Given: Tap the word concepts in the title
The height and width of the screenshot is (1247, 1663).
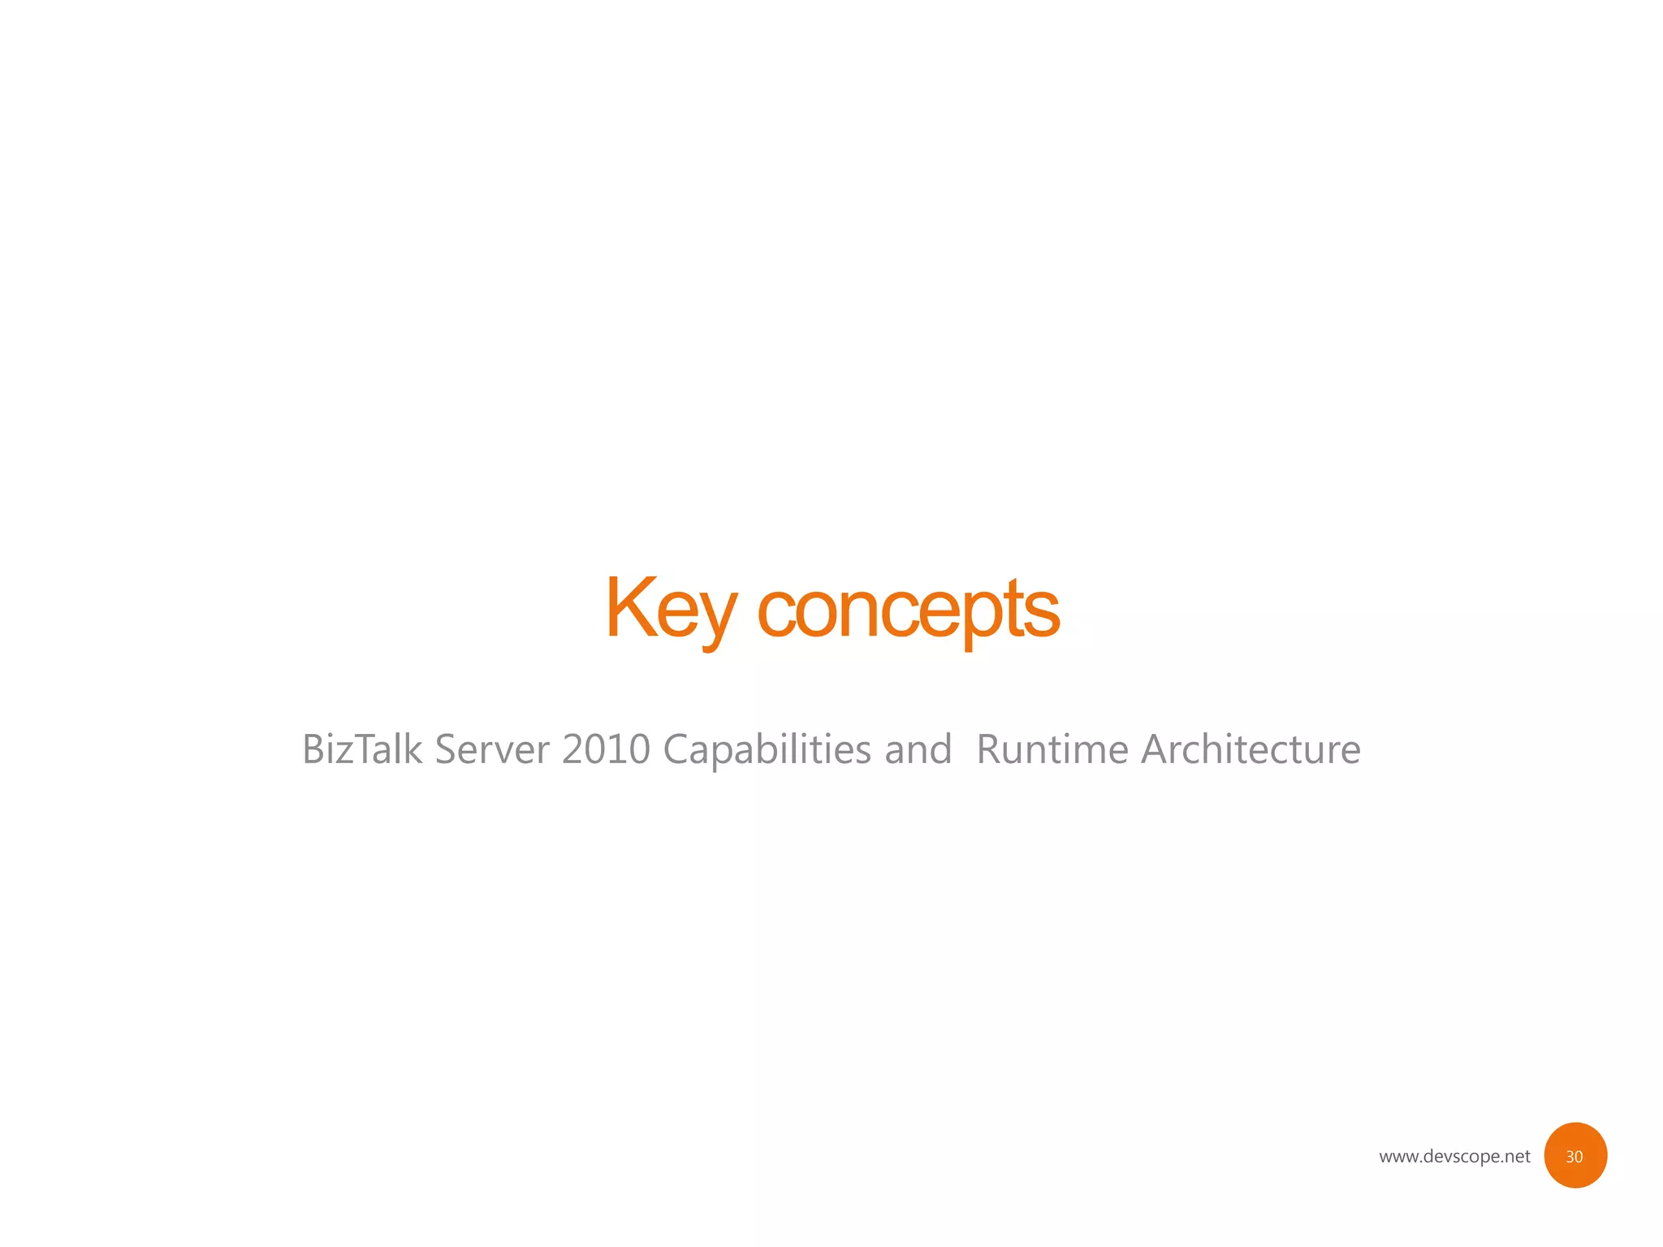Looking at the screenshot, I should (908, 611).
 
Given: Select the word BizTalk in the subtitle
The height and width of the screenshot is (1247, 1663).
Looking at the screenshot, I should (362, 749).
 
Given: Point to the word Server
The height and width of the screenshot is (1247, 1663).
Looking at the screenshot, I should (492, 749).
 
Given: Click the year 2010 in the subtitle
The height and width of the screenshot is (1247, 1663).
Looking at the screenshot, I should (606, 749).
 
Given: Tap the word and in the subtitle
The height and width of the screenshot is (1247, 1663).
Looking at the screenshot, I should (918, 749).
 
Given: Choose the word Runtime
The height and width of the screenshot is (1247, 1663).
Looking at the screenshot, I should (1052, 749).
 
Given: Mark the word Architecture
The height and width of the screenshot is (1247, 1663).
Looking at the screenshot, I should (1250, 749).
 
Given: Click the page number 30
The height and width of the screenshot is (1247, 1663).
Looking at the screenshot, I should (1574, 1156).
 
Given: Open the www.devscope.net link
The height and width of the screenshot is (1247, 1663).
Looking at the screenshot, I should (1454, 1156).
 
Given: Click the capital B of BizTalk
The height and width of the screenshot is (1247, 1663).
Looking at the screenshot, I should (313, 749).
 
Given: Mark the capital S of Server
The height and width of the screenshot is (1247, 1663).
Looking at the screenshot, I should (447, 749).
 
